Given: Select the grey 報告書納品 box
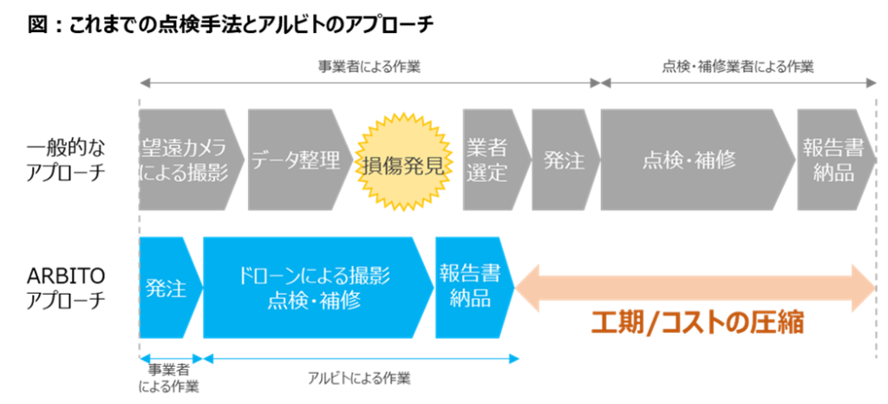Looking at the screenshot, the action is (x=836, y=160).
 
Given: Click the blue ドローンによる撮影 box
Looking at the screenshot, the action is (x=318, y=288).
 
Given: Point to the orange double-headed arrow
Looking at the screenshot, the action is (x=695, y=287).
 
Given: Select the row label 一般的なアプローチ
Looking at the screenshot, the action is (x=66, y=160).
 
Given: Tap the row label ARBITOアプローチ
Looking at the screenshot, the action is (x=66, y=288).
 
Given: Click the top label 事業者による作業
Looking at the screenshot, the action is (x=369, y=67).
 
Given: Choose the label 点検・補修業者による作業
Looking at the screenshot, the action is (x=738, y=67).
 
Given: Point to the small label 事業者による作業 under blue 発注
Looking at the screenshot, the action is (x=171, y=379).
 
